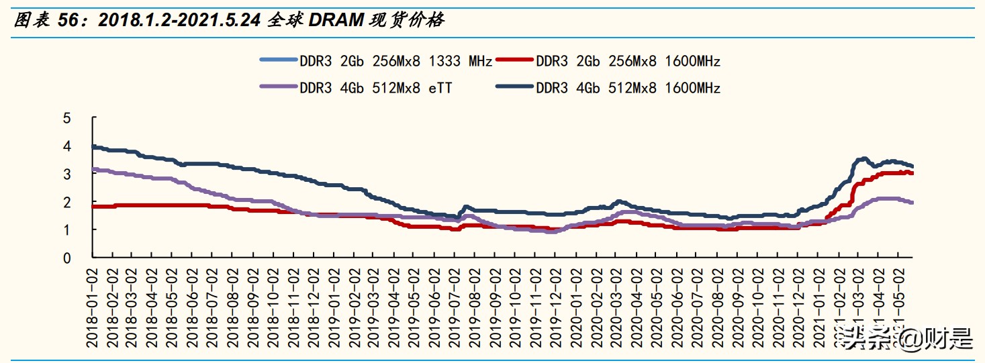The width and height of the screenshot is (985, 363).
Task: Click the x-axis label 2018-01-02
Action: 93,305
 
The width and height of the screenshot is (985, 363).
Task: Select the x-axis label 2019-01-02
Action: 333,305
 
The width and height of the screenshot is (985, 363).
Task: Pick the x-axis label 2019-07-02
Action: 453,305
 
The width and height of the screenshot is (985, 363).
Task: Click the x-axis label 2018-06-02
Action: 193,305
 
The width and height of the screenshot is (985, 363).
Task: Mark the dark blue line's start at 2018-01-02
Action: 93,146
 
